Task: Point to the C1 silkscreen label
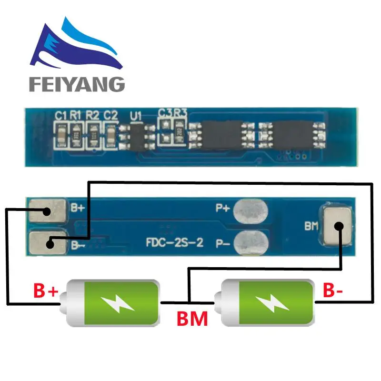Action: pyautogui.click(x=60, y=115)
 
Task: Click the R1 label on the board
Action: pyautogui.click(x=76, y=115)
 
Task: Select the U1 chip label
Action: pyautogui.click(x=135, y=116)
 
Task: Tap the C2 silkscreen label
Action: pyautogui.click(x=110, y=115)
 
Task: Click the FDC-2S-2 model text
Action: pyautogui.click(x=175, y=242)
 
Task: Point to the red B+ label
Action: pyautogui.click(x=46, y=290)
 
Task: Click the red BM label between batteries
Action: pyautogui.click(x=192, y=318)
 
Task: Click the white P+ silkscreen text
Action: pyautogui.click(x=222, y=209)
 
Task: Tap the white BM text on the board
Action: pyautogui.click(x=311, y=226)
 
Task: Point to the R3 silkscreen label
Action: pyautogui.click(x=180, y=113)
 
